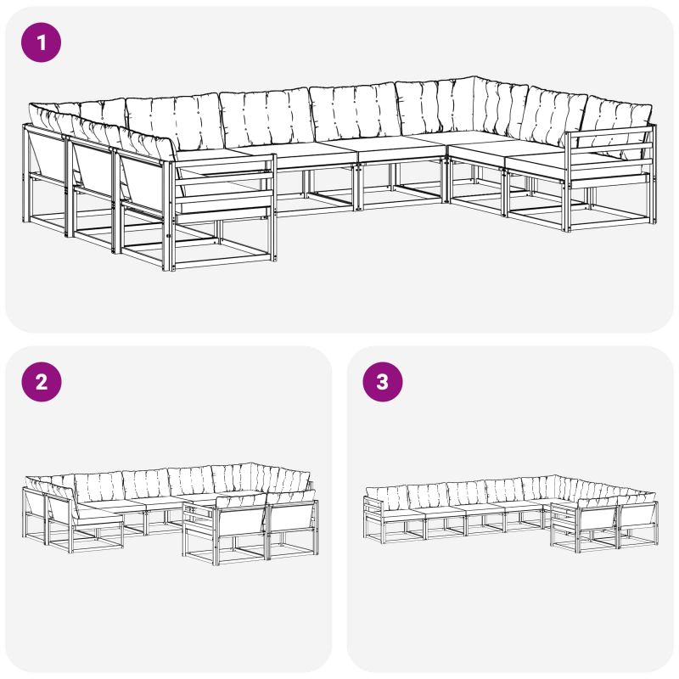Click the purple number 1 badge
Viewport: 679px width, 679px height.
coord(41,42)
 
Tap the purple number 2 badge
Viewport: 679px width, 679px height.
coord(41,381)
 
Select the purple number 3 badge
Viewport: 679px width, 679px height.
coord(383,381)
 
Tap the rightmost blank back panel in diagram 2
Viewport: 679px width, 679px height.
coord(292,519)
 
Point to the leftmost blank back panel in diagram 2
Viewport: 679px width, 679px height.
coord(34,502)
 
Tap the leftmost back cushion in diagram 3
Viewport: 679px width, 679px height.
coord(386,498)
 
